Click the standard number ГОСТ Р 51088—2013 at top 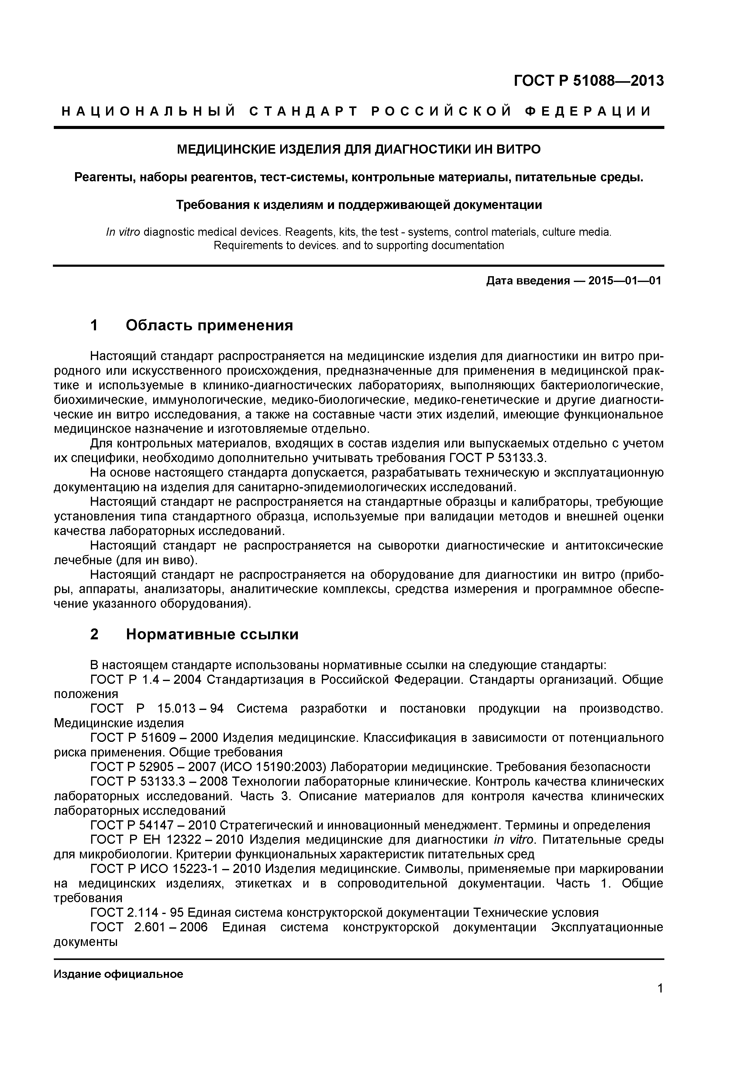588,81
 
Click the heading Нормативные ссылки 212,634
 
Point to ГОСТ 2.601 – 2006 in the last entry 149,927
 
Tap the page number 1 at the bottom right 660,1001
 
